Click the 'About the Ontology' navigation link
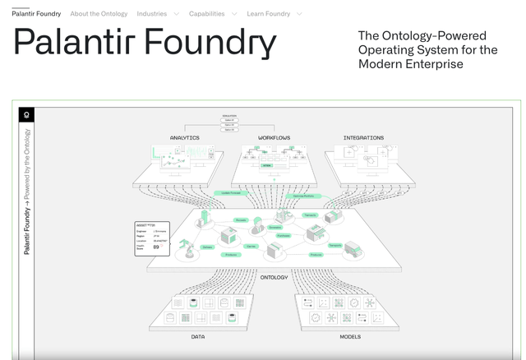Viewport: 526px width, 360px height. point(98,14)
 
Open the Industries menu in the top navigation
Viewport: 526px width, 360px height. point(152,14)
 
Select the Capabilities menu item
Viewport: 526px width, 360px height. point(206,14)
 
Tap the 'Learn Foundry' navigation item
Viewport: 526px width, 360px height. point(269,14)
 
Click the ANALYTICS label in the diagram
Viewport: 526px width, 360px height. point(184,137)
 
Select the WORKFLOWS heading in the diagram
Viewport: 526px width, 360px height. point(274,137)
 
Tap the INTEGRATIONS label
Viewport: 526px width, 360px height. point(363,137)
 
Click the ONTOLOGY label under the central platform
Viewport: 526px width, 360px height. point(274,278)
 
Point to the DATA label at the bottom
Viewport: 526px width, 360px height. point(198,337)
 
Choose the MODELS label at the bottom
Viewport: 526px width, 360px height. point(350,337)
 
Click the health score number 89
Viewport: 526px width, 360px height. point(155,247)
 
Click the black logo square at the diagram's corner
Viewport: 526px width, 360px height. point(26,115)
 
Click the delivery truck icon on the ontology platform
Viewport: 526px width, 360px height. point(353,248)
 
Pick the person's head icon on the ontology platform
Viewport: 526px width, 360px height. point(256,228)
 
